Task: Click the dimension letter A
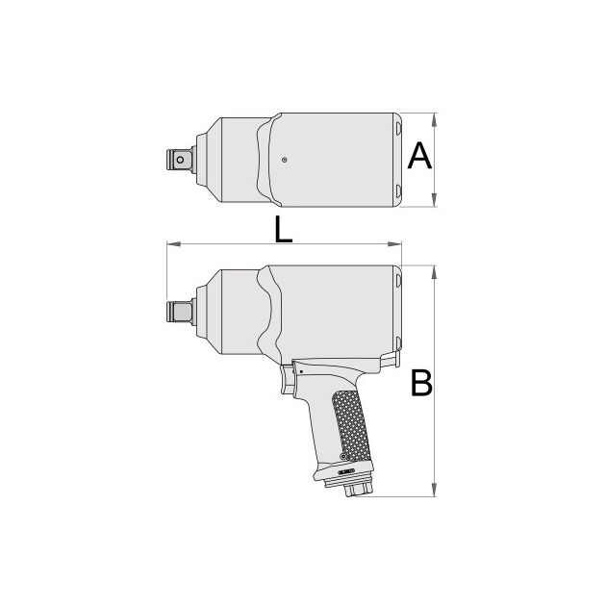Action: tap(419, 156)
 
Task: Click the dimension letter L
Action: tap(283, 229)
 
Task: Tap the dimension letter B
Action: tap(421, 383)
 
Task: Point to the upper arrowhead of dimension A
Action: tap(435, 120)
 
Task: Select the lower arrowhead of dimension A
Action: tap(435, 199)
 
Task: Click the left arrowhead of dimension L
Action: tap(174, 244)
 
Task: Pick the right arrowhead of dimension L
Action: tap(394, 244)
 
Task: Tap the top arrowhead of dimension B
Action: tap(435, 272)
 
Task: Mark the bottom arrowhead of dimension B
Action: tap(435, 490)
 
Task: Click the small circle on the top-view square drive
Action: tap(180, 160)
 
